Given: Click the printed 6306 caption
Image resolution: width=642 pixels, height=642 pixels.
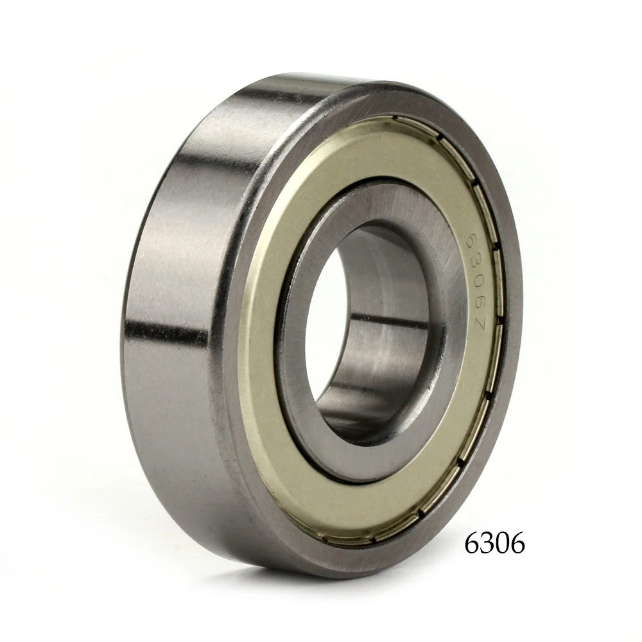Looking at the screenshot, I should [494, 544].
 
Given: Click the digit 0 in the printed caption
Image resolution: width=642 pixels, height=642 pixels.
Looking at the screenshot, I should [502, 544].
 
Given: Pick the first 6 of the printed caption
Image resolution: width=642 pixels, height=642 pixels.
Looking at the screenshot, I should [472, 544].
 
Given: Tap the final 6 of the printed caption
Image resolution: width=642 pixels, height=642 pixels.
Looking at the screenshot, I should [517, 544].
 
